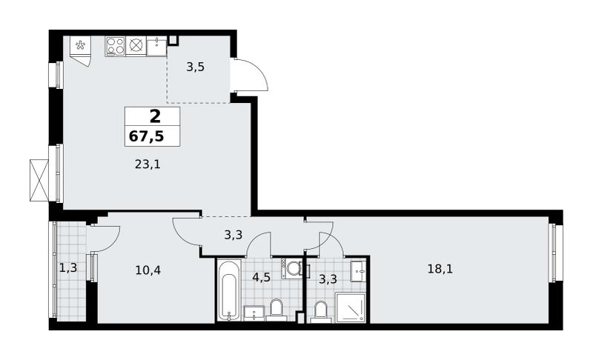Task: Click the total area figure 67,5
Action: point(146,136)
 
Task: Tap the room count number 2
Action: point(155,116)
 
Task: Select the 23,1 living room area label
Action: point(148,164)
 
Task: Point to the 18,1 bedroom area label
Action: point(440,270)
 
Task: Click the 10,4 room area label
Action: point(148,270)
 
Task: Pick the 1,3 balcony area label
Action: point(68,268)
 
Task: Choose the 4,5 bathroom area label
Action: point(262,277)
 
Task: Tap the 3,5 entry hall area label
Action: point(196,67)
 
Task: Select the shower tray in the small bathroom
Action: point(351,308)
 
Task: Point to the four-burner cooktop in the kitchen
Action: point(115,46)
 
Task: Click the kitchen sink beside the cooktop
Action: point(156,46)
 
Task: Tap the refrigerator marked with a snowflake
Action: point(81,50)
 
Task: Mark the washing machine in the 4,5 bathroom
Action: point(292,269)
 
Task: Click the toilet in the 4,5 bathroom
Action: point(276,310)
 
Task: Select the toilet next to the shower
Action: point(321,312)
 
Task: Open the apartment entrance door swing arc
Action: point(259,70)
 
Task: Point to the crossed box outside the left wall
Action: point(39,180)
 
